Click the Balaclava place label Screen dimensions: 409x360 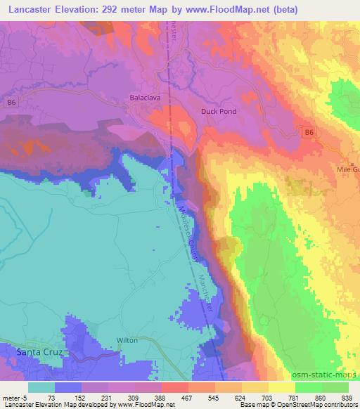146,98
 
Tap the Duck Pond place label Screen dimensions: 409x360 218,111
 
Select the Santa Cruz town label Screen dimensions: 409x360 32,351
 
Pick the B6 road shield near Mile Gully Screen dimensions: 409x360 309,131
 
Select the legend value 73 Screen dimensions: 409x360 51,397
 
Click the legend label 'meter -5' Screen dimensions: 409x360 15,397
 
